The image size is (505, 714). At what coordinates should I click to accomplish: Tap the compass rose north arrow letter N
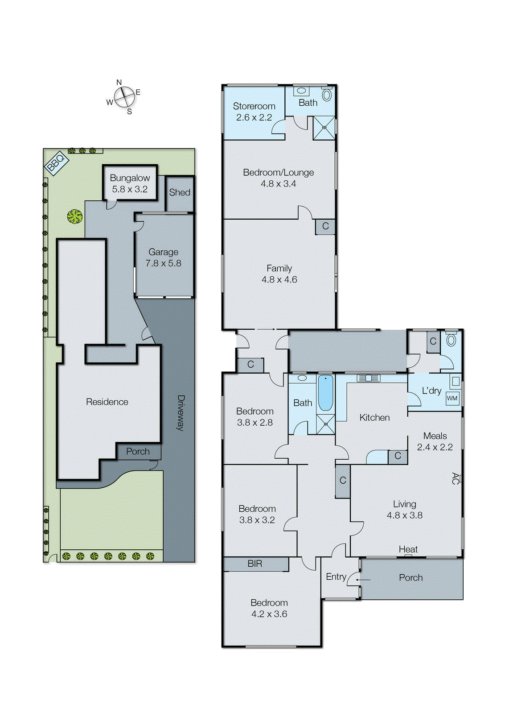[119, 83]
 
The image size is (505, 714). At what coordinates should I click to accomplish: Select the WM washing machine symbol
[452, 399]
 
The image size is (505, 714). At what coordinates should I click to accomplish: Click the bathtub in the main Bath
[325, 393]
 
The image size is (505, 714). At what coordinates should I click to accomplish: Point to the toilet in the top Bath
[327, 95]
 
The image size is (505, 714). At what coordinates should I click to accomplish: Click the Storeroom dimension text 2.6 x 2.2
[254, 117]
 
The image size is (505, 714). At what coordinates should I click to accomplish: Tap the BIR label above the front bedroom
[255, 564]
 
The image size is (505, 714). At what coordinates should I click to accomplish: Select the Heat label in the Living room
[408, 549]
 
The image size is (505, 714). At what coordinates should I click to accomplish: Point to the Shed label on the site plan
[180, 192]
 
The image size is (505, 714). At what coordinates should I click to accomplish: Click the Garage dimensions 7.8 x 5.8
[163, 263]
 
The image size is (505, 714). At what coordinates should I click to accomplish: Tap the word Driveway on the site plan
[181, 413]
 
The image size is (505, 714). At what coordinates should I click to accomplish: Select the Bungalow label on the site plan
[130, 178]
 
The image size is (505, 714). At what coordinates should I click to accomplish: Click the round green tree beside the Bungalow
[75, 216]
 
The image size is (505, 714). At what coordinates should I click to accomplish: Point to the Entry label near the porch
[336, 577]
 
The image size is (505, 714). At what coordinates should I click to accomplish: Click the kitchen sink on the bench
[369, 378]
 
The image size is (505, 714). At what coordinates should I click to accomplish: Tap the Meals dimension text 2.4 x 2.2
[435, 447]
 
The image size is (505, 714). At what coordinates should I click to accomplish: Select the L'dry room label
[432, 390]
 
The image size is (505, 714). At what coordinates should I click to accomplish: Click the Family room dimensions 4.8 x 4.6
[279, 279]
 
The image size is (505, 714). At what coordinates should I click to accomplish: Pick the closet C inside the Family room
[325, 226]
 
